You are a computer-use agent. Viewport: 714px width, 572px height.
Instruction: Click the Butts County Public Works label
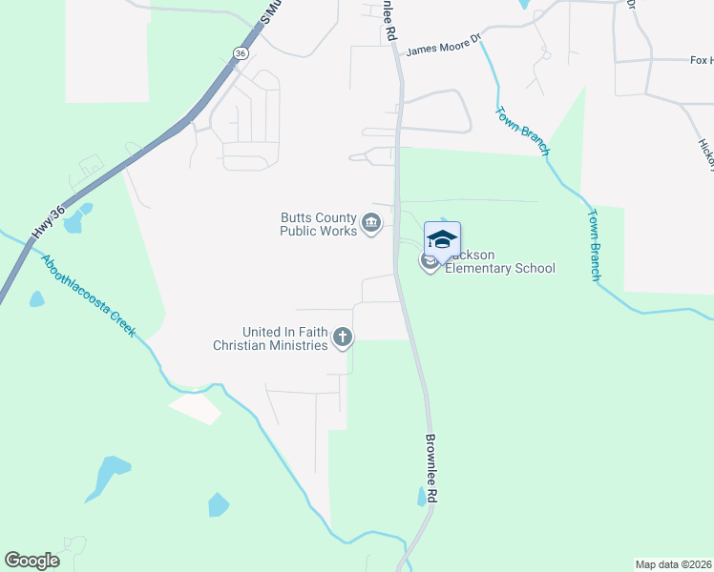pos(317,224)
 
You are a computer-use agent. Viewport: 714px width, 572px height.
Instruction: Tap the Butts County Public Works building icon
pos(370,225)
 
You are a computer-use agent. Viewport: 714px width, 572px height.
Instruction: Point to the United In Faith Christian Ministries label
pos(284,338)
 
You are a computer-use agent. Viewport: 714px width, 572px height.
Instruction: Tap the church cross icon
pos(343,337)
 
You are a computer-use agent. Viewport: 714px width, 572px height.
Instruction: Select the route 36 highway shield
pos(240,54)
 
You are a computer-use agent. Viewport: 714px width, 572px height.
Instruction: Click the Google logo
pos(31,561)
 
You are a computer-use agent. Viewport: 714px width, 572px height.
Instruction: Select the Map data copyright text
pos(673,564)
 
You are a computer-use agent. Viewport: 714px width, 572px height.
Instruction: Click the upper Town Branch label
pos(522,131)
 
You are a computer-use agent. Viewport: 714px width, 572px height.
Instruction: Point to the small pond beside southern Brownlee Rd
pos(422,497)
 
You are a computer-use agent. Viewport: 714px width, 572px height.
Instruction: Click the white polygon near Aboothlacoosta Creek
pos(195,407)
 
